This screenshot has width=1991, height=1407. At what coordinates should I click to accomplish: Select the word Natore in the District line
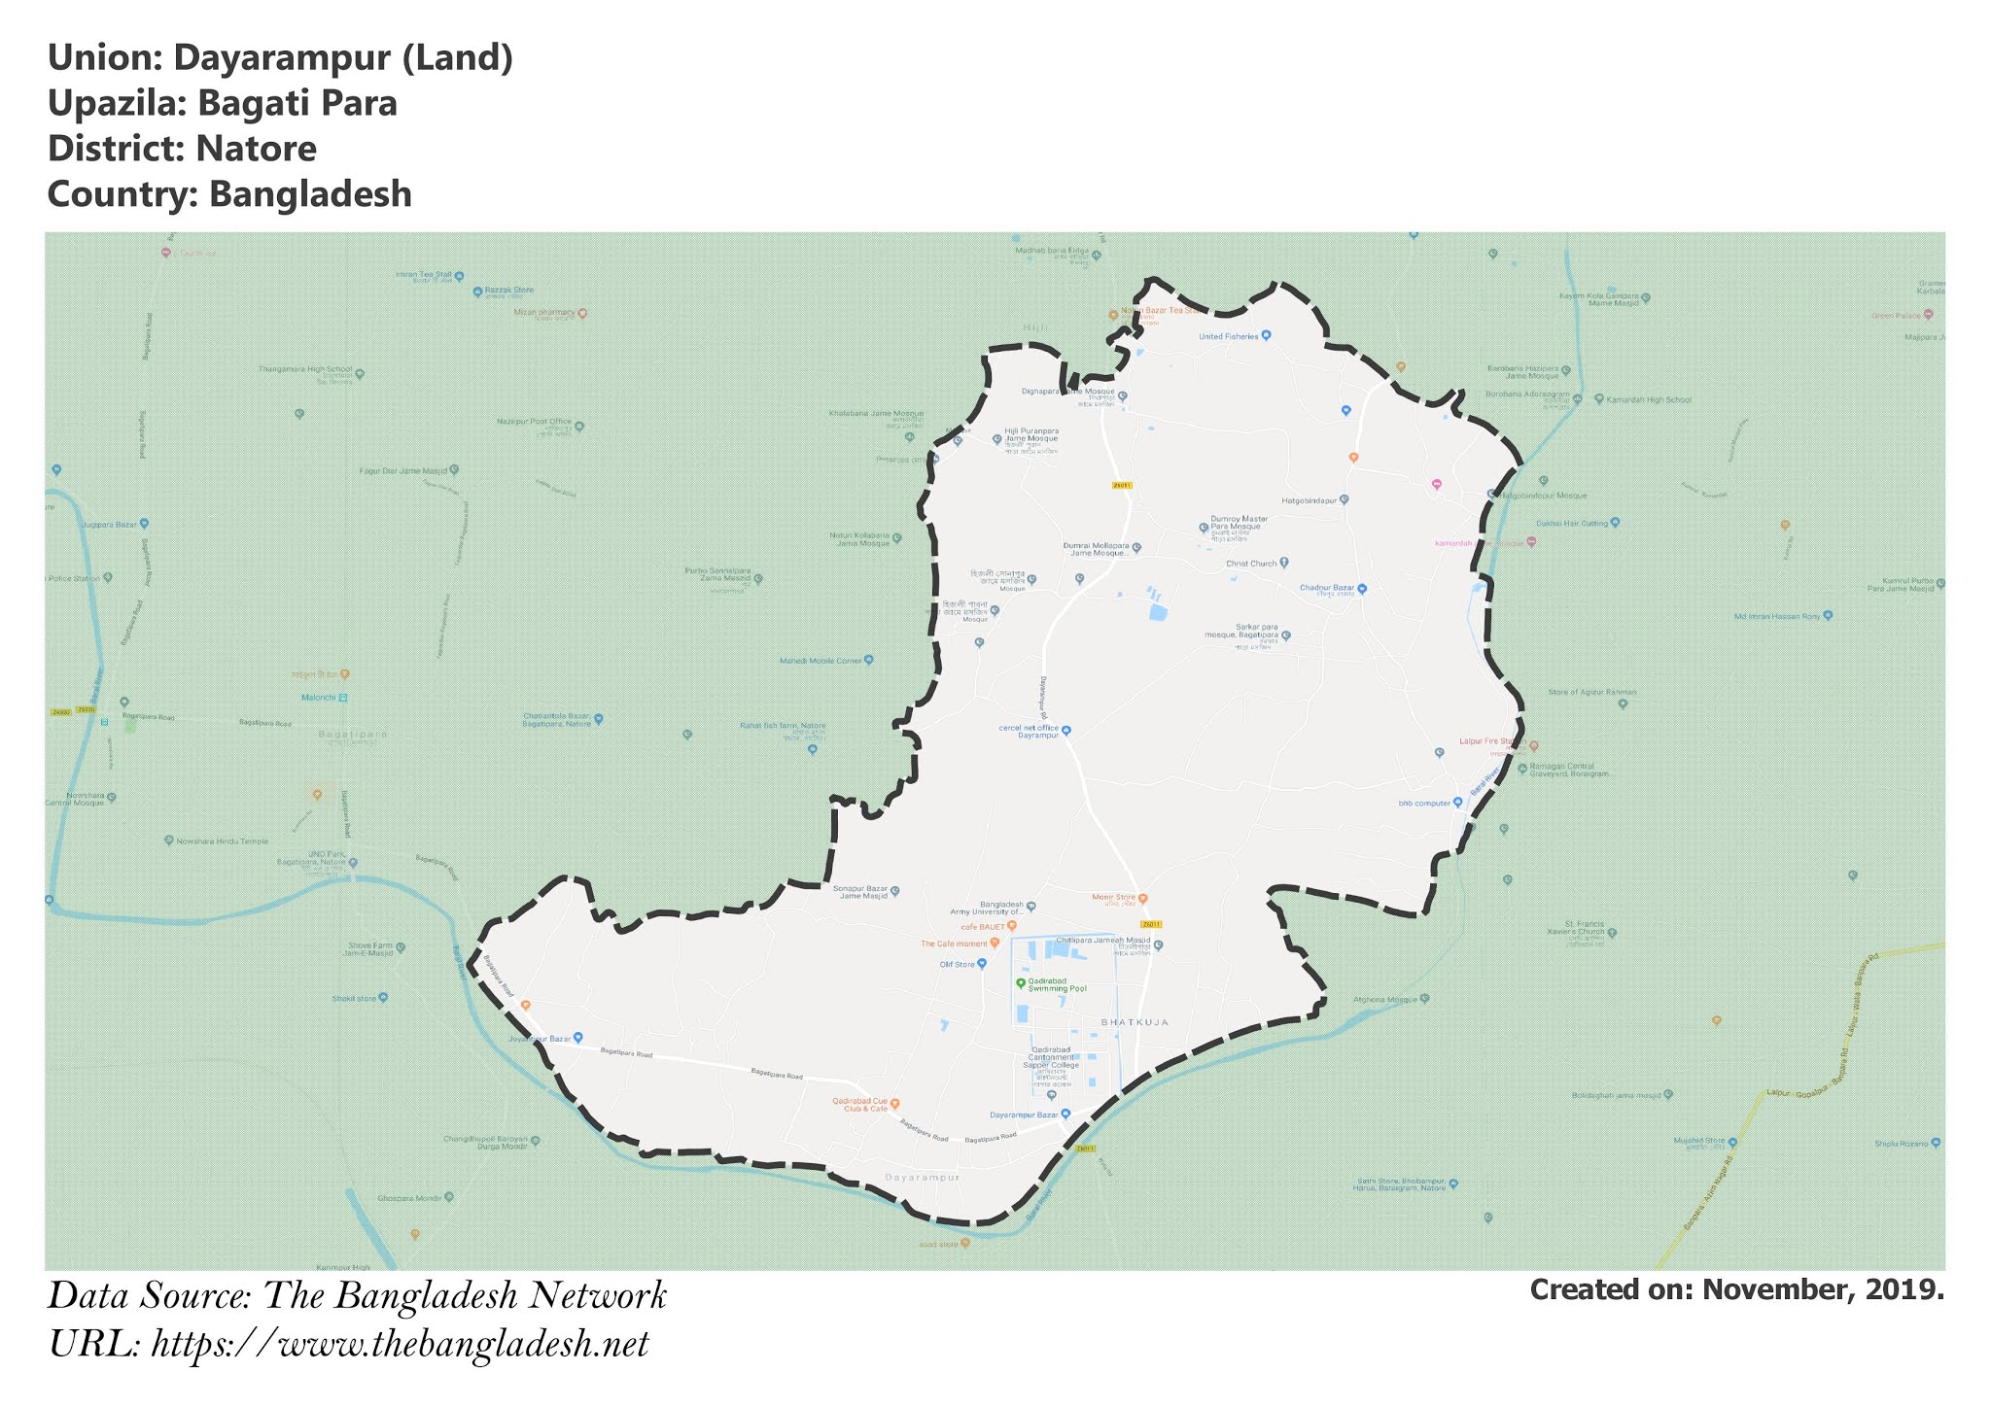(x=256, y=149)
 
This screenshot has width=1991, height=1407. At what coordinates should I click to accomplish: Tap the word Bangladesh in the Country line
(x=310, y=194)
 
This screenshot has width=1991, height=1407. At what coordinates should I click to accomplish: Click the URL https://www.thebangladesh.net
(x=400, y=1345)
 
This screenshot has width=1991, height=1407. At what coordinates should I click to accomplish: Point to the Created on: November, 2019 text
(x=1736, y=1289)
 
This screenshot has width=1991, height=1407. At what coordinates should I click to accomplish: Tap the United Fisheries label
(x=1228, y=337)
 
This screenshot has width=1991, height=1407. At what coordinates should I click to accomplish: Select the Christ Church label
(x=1250, y=564)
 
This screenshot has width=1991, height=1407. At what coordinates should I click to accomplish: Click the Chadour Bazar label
(x=1326, y=588)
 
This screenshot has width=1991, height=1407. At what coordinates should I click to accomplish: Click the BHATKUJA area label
(x=1134, y=1022)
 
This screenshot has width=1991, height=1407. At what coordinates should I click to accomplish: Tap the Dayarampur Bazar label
(x=1024, y=1114)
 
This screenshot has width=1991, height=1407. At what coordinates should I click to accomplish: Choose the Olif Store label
(x=957, y=964)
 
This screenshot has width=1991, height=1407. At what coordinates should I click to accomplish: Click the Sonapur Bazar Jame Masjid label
(x=860, y=892)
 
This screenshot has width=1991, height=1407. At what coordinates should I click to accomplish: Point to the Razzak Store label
(x=509, y=291)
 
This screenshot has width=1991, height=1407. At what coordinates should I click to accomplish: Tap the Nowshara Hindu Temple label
(x=223, y=841)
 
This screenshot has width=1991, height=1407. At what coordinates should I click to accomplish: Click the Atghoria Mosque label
(x=1385, y=999)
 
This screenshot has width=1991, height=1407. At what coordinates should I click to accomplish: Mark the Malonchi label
(x=318, y=698)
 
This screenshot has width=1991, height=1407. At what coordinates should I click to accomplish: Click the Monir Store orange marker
(x=1143, y=899)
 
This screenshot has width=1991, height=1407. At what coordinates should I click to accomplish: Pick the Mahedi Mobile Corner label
(x=821, y=661)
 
